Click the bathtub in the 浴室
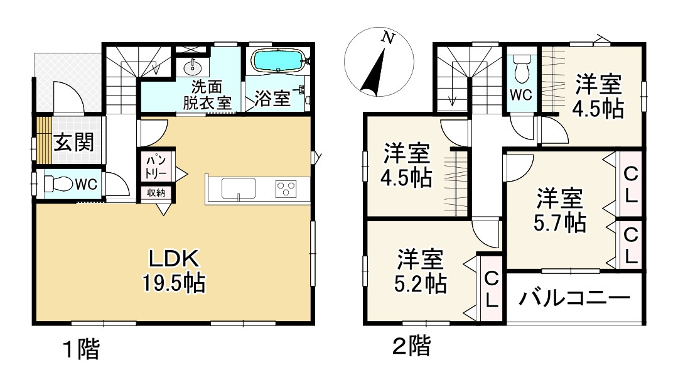pos(279,60)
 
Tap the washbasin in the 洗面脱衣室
pos(192,67)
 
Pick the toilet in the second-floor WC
pos(522,69)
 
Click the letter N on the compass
pos(389,38)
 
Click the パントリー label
pos(156,167)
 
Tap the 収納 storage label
pos(156,193)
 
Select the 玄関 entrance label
pos(73,142)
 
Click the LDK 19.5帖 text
pos(174,271)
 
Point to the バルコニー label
pos(574,298)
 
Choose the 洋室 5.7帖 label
pos(559,210)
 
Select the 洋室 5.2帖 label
pos(420,271)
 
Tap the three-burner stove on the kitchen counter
pos(286,189)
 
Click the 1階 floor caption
pos(81,349)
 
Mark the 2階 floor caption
pos(411,346)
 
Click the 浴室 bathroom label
pos(272,99)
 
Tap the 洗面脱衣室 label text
pos(207,95)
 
